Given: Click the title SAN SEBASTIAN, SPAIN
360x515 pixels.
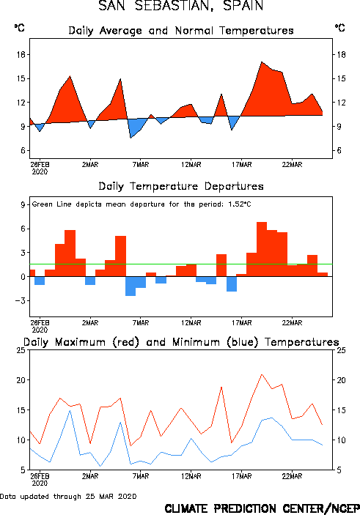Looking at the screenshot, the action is click(181, 6).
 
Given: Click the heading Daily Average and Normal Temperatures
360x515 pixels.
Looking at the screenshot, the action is click(181, 31).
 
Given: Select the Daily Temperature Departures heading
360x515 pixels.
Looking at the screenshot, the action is click(181, 186).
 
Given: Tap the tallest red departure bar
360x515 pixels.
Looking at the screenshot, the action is click(262, 249).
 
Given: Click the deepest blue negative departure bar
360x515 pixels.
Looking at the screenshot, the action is click(131, 286).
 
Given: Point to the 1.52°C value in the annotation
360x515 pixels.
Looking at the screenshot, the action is click(240, 204).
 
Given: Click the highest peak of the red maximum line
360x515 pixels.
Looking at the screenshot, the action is click(262, 374).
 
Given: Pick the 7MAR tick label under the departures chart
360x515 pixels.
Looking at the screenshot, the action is click(141, 323).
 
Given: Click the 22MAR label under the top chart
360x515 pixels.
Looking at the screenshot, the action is click(292, 165).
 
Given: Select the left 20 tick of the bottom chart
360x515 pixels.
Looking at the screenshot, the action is click(21, 380).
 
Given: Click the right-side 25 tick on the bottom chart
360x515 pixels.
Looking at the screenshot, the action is click(341, 350).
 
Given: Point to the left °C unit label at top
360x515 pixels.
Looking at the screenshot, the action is click(19, 28).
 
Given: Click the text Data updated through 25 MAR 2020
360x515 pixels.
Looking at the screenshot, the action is click(68, 496).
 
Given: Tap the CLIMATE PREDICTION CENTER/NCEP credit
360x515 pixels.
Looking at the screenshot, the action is click(262, 508).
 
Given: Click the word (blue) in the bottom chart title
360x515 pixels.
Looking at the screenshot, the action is click(242, 342).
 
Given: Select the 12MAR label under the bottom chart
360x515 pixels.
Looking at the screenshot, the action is click(191, 476).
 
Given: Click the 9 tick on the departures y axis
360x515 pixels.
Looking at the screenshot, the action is click(23, 204).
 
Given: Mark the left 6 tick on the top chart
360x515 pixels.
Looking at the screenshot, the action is click(23, 150).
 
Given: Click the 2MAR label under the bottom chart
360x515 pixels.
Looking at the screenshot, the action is click(90, 476).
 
